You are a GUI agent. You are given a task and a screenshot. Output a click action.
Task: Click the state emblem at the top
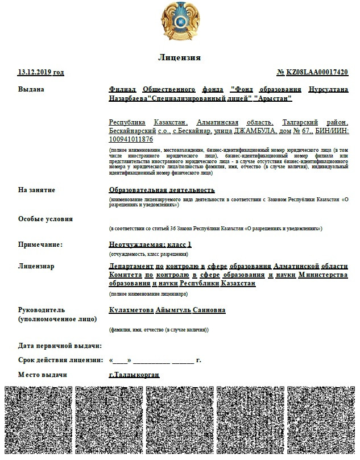point(180,23)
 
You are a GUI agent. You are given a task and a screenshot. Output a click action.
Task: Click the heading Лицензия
point(179,58)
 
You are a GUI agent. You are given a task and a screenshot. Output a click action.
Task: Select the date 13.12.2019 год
point(41,73)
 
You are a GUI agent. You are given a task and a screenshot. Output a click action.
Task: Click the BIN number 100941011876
point(131,139)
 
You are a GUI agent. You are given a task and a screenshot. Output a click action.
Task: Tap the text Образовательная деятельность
point(162,190)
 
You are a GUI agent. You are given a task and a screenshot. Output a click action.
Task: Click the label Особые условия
point(45,219)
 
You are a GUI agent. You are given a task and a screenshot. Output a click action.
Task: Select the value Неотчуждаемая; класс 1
point(150,244)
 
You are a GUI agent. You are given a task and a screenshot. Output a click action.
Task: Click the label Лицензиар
point(36,266)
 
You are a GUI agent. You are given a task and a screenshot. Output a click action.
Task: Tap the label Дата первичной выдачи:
point(60,346)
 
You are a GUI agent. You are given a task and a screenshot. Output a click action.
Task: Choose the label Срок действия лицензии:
point(60,360)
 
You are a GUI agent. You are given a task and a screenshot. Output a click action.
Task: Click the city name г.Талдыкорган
point(134,375)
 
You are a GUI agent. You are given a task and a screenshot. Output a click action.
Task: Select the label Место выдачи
point(43,375)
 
